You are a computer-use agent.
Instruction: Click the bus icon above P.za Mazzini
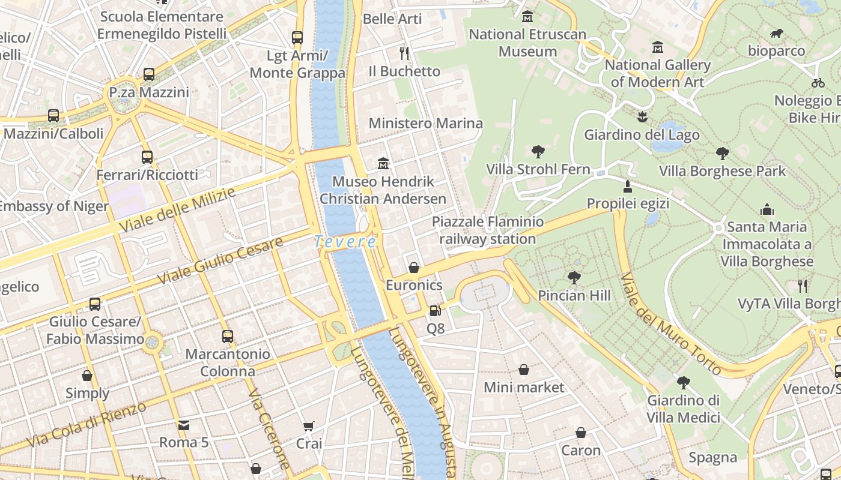point(149,74)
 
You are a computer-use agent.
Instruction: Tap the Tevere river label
point(345,242)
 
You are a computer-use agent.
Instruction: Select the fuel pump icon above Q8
point(435,311)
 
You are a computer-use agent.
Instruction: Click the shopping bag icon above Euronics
point(414,267)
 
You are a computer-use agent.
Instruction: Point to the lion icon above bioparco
point(776,34)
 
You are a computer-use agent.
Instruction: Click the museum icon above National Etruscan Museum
point(527,17)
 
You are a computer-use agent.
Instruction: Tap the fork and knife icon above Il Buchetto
point(404,53)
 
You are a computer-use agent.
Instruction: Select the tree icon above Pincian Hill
point(574,277)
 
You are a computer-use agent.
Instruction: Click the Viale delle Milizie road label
point(177,211)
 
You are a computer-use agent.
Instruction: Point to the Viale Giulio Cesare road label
point(220,261)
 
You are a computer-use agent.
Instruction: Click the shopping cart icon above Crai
point(309,426)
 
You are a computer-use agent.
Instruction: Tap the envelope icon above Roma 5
point(183,425)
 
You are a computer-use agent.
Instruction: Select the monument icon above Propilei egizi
point(628,186)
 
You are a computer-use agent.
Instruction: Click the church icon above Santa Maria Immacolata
point(767,209)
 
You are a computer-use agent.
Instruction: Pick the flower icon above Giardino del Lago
point(642,116)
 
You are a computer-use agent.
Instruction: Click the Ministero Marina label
point(425,124)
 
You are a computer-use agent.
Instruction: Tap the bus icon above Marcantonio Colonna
point(227,336)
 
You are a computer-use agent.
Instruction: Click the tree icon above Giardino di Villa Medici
point(683,382)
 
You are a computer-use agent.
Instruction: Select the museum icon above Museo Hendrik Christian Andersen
point(383,163)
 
